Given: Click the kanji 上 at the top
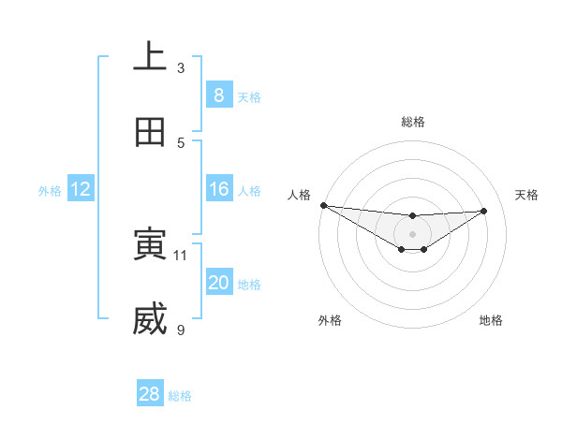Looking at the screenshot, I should pos(150,57).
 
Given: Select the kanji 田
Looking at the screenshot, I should pos(150,132).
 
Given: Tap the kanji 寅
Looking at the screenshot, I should pos(150,244).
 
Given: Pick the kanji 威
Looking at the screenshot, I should pos(150,319).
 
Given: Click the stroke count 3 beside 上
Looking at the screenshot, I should pos(181,68).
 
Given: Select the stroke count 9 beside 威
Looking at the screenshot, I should pos(181,330).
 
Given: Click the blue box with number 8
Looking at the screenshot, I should pos(218,95).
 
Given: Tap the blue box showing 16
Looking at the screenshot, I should pos(218,189).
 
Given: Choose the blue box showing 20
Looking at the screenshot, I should pos(218,283).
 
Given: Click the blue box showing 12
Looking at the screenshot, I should pos(81,189).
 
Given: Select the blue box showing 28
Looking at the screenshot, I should pos(150,394).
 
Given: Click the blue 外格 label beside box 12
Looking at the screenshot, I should pos(50,190).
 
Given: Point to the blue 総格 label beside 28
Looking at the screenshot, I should pos(180,396).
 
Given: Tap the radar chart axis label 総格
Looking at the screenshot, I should pos(412,122).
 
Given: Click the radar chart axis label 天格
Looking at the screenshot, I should pos(527,195).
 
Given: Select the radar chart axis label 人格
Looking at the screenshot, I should pos(299,195).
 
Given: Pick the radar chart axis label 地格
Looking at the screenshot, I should pos(491,320).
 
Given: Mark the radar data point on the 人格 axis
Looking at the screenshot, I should pos(322,205).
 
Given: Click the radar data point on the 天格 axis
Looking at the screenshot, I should pos(483,211).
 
